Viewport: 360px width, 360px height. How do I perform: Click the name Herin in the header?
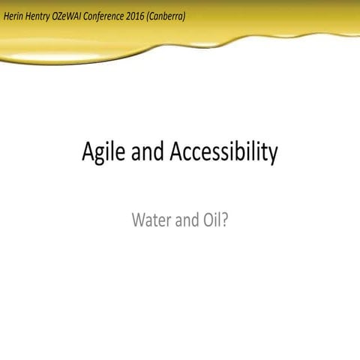(x=16, y=15)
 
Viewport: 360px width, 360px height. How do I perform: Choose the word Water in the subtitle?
(x=151, y=220)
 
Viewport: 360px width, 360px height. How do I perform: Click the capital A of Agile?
(x=88, y=151)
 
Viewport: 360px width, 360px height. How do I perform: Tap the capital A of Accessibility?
(x=178, y=151)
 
